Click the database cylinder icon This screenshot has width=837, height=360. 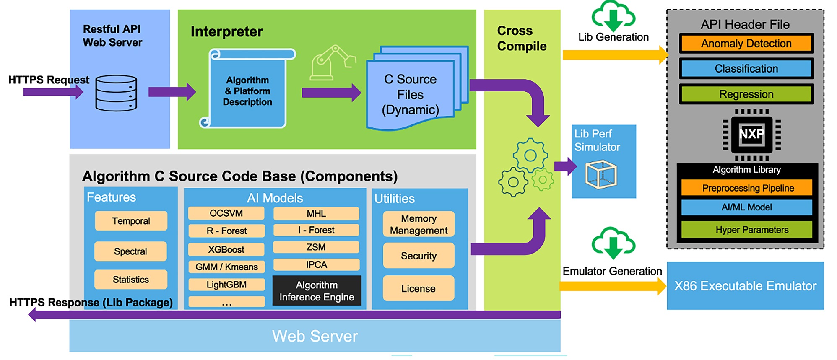coord(116,93)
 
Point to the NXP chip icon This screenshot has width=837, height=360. coord(751,135)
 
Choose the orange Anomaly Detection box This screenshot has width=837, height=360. coord(746,44)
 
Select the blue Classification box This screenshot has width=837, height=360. coord(746,69)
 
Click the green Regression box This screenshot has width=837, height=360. coord(746,94)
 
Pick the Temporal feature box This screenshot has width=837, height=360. coord(131,221)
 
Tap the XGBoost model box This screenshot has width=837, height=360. coord(226,249)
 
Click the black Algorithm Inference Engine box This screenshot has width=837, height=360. coord(317,291)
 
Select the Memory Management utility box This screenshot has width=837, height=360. coord(418,224)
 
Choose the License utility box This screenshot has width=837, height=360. coord(418,288)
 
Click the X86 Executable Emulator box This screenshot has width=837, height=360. coord(745,286)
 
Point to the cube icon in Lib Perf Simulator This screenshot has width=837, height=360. coord(601,174)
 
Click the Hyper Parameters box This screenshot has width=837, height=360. coord(747,230)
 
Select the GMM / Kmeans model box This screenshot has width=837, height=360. coord(226,267)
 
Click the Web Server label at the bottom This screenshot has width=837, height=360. coord(315,336)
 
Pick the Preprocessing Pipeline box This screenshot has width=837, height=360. coord(747,188)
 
